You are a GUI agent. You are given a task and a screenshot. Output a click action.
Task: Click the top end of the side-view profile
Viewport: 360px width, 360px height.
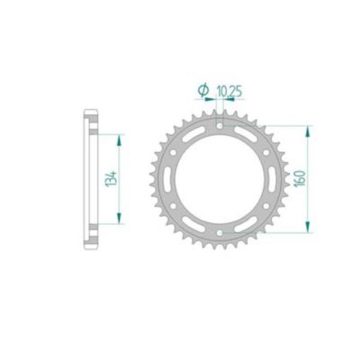tap(90, 112)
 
